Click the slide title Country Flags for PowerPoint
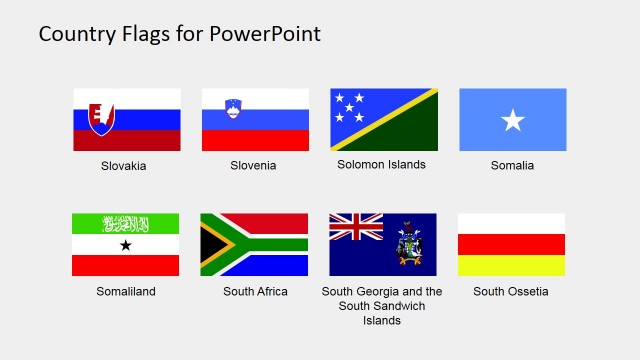coord(180,34)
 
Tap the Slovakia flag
coord(127,119)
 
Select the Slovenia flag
coord(255,119)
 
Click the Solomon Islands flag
coord(384,119)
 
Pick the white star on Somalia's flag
coord(512,121)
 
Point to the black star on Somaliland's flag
coord(125,245)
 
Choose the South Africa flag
coord(254,244)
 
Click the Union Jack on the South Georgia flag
coord(356,228)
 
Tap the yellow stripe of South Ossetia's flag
coord(511,265)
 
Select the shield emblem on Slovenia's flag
coord(233,106)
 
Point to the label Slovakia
coord(124,166)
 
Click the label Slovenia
coord(253,166)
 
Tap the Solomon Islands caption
coord(382,165)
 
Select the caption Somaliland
coord(125,292)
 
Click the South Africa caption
coord(255,292)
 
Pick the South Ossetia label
coord(511,292)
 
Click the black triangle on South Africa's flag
coord(209,245)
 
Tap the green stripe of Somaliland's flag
coord(125,223)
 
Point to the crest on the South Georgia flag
coord(410,244)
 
